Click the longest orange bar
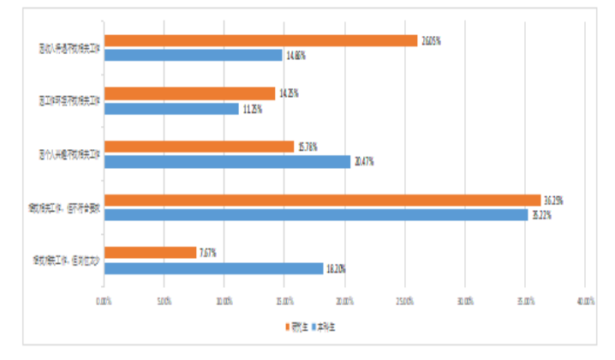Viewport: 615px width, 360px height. coord(322,200)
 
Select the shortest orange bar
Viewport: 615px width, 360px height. coord(150,252)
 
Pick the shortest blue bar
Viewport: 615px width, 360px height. coord(171,109)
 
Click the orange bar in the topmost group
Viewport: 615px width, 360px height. coord(260,40)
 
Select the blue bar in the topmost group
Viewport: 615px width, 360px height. coord(193,56)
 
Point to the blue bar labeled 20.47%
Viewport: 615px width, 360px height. coord(227,161)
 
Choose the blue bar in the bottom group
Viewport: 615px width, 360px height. coord(213,268)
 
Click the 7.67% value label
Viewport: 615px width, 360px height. coord(207,253)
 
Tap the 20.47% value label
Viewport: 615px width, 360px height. coord(363,162)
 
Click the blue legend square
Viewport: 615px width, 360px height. coord(313,327)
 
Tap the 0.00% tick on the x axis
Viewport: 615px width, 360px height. coord(104,301)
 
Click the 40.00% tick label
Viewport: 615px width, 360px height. coord(585,301)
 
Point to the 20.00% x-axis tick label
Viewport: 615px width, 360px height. coord(344,301)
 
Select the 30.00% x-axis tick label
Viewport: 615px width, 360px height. coord(464,301)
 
